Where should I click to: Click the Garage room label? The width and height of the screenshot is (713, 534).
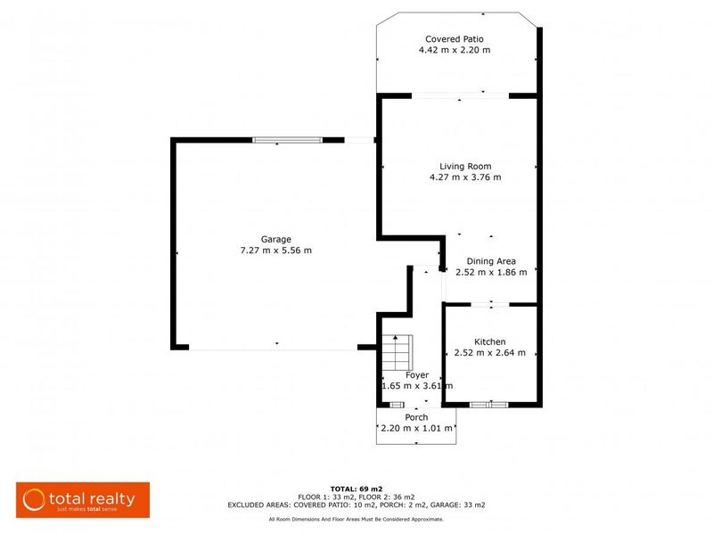click(275, 239)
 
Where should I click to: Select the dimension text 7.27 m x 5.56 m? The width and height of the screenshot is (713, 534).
click(275, 251)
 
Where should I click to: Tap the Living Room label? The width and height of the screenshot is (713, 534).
click(465, 166)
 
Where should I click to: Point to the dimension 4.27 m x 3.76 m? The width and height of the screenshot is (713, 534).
click(465, 177)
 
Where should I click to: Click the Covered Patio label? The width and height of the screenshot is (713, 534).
click(455, 39)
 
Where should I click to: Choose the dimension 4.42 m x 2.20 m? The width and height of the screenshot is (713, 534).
click(455, 51)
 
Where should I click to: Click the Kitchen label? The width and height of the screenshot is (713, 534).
click(490, 341)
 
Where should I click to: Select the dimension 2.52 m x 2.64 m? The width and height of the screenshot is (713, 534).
click(490, 353)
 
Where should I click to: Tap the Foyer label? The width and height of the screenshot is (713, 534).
click(417, 375)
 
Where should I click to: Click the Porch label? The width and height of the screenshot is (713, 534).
click(416, 417)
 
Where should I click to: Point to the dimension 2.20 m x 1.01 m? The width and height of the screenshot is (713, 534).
click(416, 429)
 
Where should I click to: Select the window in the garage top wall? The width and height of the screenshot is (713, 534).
click(287, 139)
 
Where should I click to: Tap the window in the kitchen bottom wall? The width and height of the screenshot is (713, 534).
click(488, 405)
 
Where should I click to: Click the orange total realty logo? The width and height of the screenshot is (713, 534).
click(83, 499)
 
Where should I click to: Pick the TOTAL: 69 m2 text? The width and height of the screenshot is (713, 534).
click(356, 489)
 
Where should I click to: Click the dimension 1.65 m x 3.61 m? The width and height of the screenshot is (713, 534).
click(417, 386)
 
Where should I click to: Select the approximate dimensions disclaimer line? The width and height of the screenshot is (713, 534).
click(356, 519)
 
